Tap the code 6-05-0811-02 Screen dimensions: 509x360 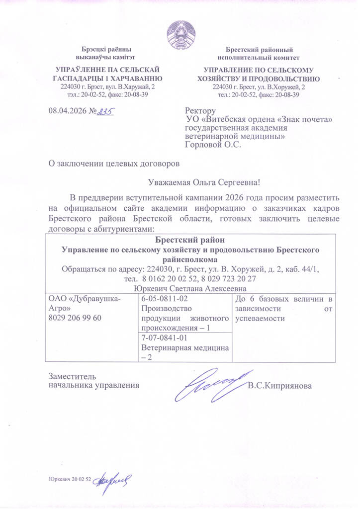(164, 298)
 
